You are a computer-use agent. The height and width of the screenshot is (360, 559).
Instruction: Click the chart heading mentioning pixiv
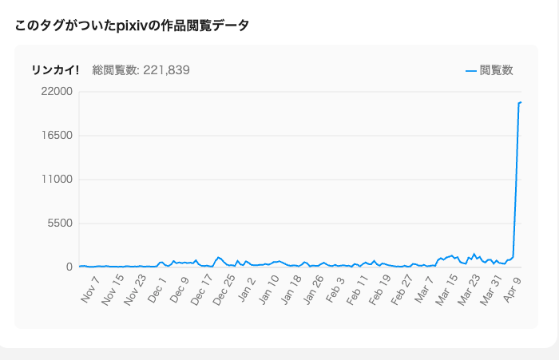(x=132, y=26)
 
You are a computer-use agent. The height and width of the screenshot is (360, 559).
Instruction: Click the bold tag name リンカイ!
(x=55, y=70)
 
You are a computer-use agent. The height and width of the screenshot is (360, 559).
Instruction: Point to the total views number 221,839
(x=163, y=70)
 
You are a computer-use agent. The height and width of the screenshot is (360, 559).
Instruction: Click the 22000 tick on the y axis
(x=57, y=92)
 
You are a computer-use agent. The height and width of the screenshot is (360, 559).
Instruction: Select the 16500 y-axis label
(x=57, y=136)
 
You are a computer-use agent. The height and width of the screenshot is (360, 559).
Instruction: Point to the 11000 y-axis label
(x=57, y=180)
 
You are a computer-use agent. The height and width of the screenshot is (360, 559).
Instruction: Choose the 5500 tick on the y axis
(x=60, y=224)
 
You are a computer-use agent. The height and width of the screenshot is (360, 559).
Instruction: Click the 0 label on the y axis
(x=69, y=267)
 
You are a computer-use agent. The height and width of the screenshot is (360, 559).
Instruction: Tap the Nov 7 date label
(x=90, y=289)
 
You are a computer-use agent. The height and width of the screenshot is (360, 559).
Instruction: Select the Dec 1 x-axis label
(x=157, y=289)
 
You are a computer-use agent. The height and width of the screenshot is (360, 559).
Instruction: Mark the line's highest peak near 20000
(x=520, y=102)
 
